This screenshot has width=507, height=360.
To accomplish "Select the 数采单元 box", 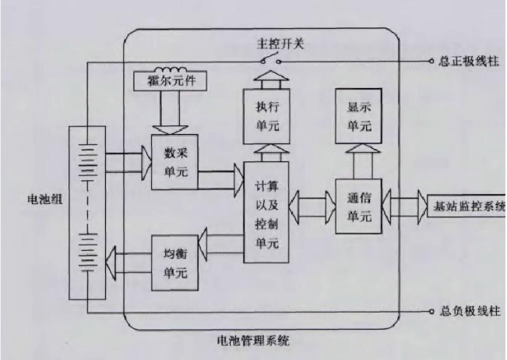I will click(x=175, y=157).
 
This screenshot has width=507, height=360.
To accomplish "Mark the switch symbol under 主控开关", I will click(x=268, y=59).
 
